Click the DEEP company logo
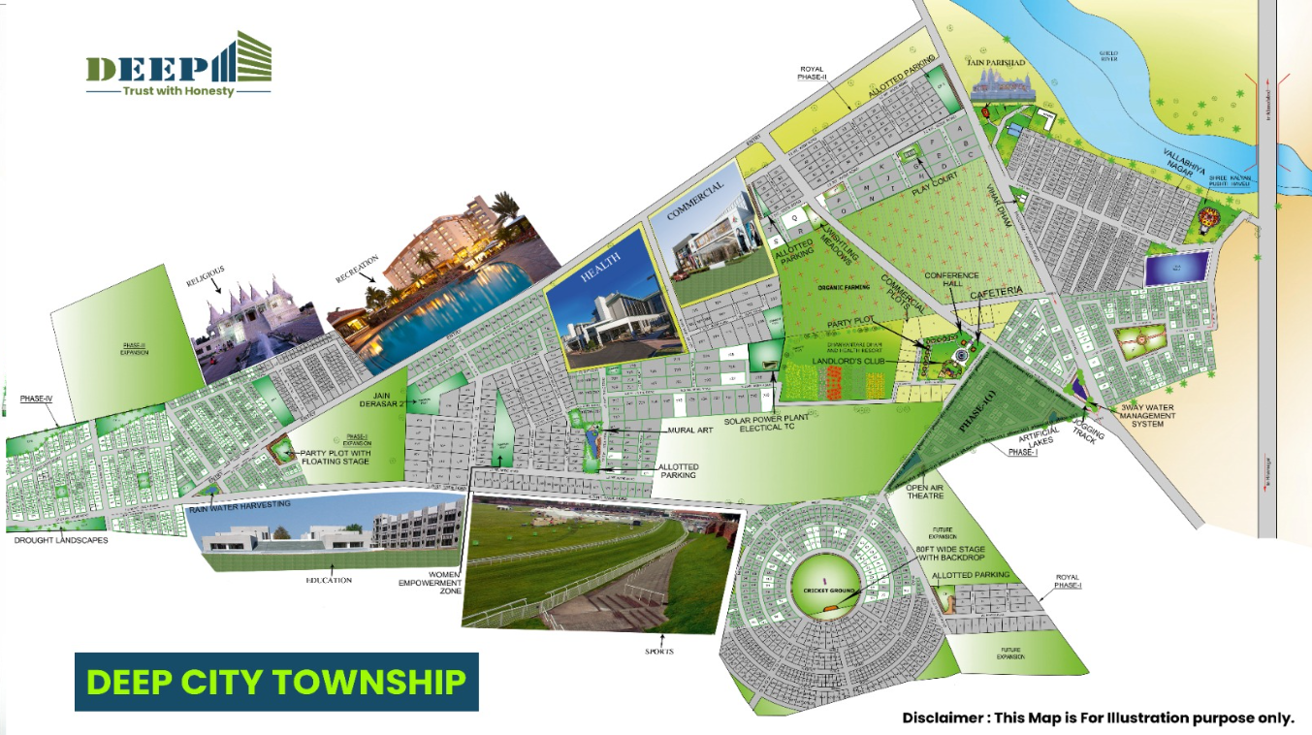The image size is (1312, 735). point(178,65)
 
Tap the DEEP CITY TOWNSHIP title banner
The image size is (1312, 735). point(276,682)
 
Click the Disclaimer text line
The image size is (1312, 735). point(1098,719)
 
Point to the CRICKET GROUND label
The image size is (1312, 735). point(827,591)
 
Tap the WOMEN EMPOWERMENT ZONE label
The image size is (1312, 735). point(431,582)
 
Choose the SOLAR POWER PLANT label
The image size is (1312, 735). point(766,418)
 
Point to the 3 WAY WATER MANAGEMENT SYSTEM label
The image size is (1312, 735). point(1148,416)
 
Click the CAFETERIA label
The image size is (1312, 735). point(1020,291)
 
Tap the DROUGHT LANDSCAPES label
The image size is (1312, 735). point(60,540)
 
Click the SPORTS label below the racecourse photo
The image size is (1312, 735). point(662,652)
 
